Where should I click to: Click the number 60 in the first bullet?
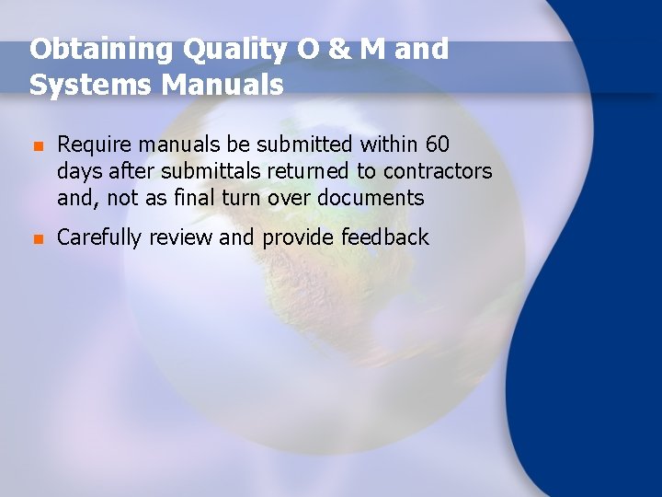[x=438, y=144]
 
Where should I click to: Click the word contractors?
[x=438, y=171]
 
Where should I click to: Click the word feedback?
[x=385, y=237]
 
